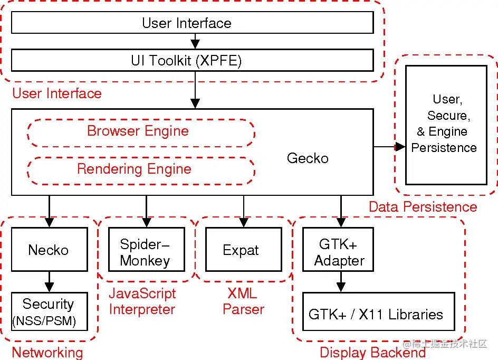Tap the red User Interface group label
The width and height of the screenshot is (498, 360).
57,93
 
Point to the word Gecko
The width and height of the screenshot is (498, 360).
308,158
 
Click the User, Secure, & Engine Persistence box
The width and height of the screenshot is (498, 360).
446,125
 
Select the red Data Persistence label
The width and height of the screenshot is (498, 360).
423,206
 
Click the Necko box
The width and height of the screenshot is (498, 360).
49,250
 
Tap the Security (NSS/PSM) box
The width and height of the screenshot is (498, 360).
49,311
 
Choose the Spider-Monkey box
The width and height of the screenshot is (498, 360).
146,252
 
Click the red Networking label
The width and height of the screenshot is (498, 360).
47,352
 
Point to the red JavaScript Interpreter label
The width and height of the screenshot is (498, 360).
142,301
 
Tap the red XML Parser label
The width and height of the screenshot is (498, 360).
243,301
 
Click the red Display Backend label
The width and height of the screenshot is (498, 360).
372,352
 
